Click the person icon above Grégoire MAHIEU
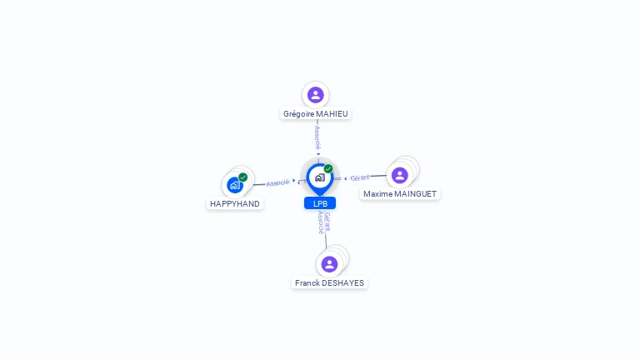click(315, 95)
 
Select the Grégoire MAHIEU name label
click(316, 113)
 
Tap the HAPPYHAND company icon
click(234, 185)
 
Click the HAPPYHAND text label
click(235, 203)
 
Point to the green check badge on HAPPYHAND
click(243, 177)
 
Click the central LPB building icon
click(319, 177)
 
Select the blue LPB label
click(320, 203)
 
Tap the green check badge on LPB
click(328, 169)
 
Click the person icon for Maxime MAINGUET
click(399, 175)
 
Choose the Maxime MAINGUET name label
click(400, 193)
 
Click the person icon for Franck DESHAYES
click(329, 264)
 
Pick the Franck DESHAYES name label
click(330, 282)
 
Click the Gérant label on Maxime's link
click(359, 177)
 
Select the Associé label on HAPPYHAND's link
click(277, 182)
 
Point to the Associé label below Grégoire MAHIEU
click(317, 137)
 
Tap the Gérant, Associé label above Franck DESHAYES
click(323, 222)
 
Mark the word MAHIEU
click(332, 113)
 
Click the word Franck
click(307, 282)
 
